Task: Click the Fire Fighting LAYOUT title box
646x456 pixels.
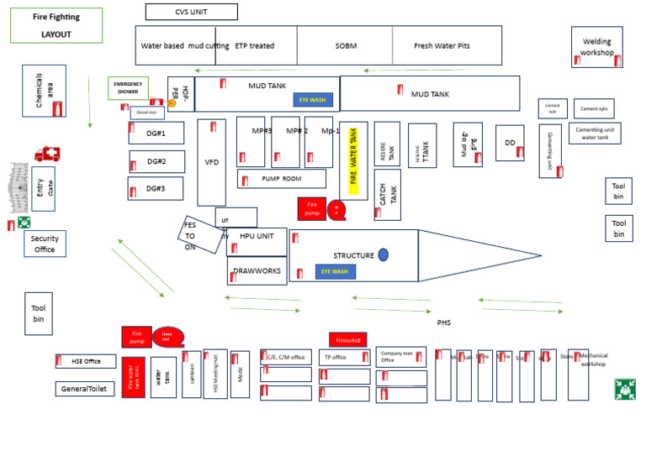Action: point(56,25)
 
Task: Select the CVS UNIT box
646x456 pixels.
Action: point(191,12)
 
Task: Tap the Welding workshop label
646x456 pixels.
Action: point(596,47)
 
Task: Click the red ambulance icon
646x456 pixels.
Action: point(47,154)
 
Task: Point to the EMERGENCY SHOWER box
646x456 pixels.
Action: point(128,88)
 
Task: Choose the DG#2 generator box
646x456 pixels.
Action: point(156,161)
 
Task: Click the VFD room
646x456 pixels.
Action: point(211,162)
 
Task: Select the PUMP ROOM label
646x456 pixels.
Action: point(282,179)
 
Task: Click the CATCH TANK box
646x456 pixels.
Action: point(387,195)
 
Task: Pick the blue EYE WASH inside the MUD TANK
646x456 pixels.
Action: point(313,100)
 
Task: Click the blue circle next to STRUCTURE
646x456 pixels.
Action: point(384,254)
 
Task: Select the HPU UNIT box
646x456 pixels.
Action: point(257,237)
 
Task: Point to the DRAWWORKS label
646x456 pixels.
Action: point(257,271)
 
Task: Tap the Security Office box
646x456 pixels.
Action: point(45,244)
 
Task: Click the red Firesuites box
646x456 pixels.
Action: point(347,340)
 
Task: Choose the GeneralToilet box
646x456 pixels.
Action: point(85,389)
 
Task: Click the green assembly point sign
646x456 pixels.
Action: point(624,389)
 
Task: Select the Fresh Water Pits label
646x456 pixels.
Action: point(442,46)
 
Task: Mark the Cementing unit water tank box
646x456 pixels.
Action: point(595,134)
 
